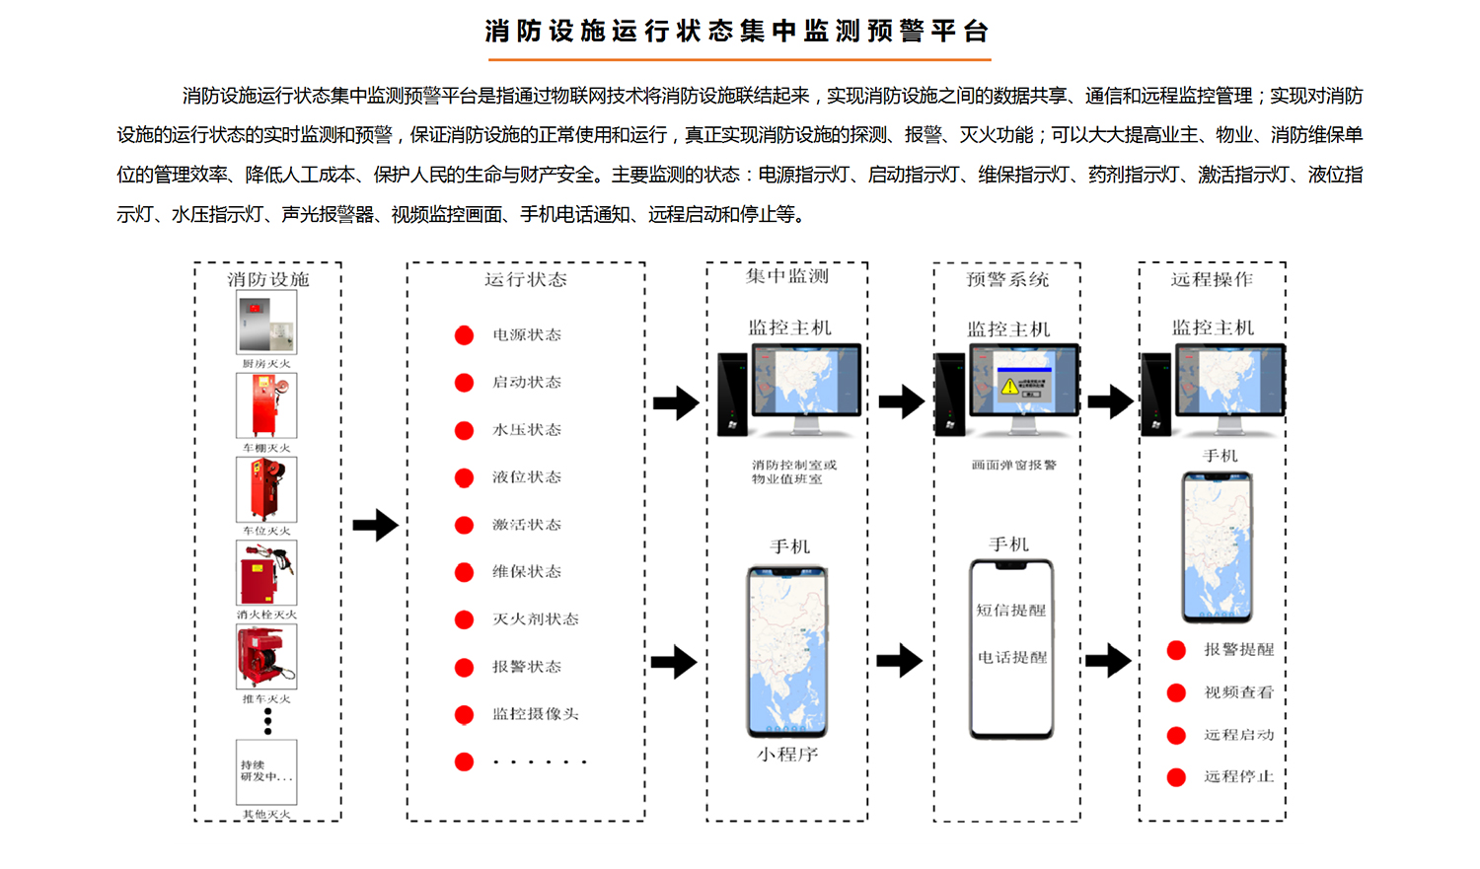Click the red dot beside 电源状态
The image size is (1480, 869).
[464, 335]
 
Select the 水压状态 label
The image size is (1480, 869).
[527, 430]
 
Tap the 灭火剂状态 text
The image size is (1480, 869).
[535, 619]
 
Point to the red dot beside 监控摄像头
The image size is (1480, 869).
[464, 714]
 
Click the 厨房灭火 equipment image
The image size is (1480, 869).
[266, 324]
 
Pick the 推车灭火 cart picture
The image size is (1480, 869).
[266, 658]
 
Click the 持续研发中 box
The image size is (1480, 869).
[266, 772]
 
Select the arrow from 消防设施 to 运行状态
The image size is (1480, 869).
[375, 525]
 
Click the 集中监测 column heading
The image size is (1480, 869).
[787, 276]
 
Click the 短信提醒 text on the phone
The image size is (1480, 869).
[1011, 611]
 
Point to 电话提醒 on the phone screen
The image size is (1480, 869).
[1011, 657]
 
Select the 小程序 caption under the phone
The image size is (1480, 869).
[787, 755]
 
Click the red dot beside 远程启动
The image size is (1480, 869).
[1176, 735]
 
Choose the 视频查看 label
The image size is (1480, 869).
[1238, 692]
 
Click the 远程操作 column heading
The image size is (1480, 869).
[1212, 279]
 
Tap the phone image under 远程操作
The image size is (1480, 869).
[1217, 546]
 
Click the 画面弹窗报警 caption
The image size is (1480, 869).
[1013, 465]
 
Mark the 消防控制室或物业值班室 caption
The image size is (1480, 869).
[793, 471]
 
